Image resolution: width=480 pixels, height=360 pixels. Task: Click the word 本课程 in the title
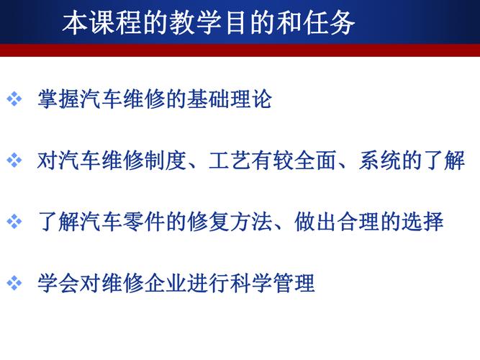[x=103, y=22]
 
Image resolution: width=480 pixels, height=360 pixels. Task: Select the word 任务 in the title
[x=330, y=22]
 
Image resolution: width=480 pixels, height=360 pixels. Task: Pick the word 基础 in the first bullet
[x=207, y=99]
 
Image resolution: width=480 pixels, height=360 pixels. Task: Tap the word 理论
[x=250, y=99]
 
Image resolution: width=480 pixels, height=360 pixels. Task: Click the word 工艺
[x=230, y=161]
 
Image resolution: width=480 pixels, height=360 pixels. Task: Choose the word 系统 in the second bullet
[x=379, y=161]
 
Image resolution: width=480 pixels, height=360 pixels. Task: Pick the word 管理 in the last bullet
[x=294, y=283]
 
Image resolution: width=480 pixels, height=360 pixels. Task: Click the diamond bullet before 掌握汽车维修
[x=14, y=99]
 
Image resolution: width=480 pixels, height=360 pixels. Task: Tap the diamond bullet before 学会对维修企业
[x=14, y=283]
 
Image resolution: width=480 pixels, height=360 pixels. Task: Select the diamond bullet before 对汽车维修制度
[x=14, y=161]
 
